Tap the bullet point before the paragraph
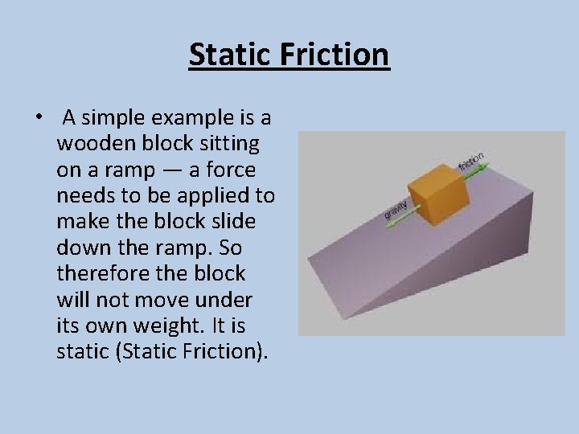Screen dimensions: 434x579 pos(39,118)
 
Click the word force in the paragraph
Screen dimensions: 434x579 pos(233,170)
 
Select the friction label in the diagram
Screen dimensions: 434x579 pos(471,160)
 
